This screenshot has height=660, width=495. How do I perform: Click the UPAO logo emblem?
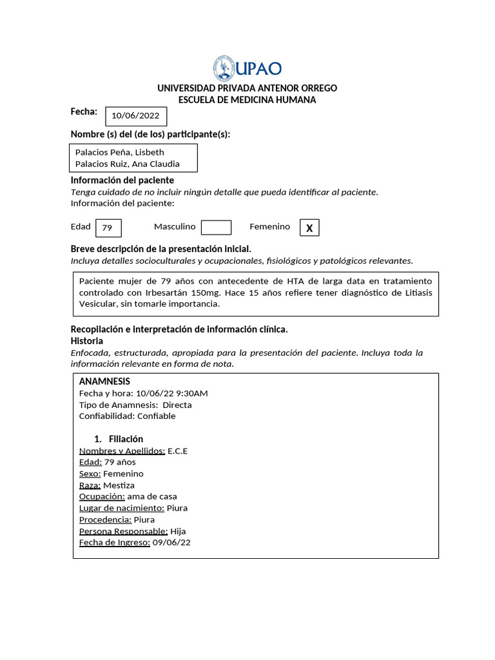[x=224, y=68]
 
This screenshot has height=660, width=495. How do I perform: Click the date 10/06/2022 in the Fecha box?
[x=135, y=116]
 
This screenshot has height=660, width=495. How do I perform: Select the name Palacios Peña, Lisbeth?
[x=119, y=152]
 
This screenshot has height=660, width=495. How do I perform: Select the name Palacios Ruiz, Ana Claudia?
[x=127, y=164]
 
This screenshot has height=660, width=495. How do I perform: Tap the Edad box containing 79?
[x=108, y=228]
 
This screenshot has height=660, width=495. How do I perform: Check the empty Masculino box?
[x=216, y=228]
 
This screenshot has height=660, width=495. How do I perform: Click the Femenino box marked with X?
[x=309, y=228]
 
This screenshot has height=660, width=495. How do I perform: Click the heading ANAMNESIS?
[x=104, y=382]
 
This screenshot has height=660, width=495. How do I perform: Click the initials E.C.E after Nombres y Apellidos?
[x=177, y=451]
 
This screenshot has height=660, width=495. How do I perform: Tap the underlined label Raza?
[x=90, y=485]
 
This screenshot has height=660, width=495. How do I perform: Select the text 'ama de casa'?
[x=152, y=497]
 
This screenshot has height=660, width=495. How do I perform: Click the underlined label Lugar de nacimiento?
[x=121, y=509]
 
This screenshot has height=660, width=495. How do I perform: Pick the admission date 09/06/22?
[x=171, y=543]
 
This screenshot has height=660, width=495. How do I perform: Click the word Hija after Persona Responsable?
[x=178, y=531]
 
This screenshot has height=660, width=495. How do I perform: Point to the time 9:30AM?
[x=191, y=393]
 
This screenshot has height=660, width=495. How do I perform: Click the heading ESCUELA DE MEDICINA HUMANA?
[x=247, y=100]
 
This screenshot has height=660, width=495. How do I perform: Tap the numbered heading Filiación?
[x=126, y=439]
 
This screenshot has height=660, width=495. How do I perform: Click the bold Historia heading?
[x=86, y=341]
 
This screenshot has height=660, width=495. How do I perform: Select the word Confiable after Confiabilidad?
[x=157, y=416]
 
